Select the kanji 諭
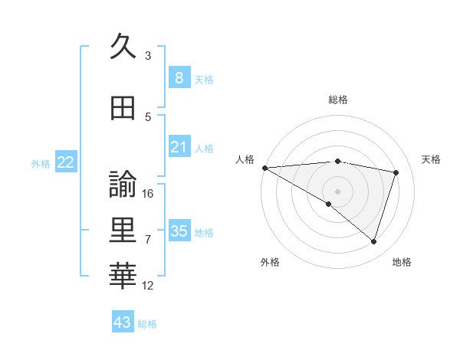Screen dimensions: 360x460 [x=123, y=185]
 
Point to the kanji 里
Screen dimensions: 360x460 [x=123, y=230]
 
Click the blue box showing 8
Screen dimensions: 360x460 [x=179, y=78]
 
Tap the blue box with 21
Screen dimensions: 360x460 [x=179, y=147]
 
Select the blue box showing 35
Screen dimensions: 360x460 [x=179, y=231]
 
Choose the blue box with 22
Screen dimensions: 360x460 [x=66, y=162]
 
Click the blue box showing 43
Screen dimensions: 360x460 [x=123, y=322]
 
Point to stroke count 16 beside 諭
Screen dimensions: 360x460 [x=149, y=194]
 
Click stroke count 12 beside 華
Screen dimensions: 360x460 [x=149, y=286]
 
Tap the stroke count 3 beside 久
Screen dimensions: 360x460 [x=148, y=56]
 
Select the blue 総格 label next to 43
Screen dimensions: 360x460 [x=148, y=324]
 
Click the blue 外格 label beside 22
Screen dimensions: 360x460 [x=41, y=163]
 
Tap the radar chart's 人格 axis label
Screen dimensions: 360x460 [x=245, y=159]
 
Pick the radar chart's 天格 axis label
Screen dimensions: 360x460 [x=432, y=159]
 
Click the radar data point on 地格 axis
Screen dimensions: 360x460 [x=374, y=242]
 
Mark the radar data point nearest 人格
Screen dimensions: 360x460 [x=264, y=167]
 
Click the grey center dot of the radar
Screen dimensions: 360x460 [x=337, y=190]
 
